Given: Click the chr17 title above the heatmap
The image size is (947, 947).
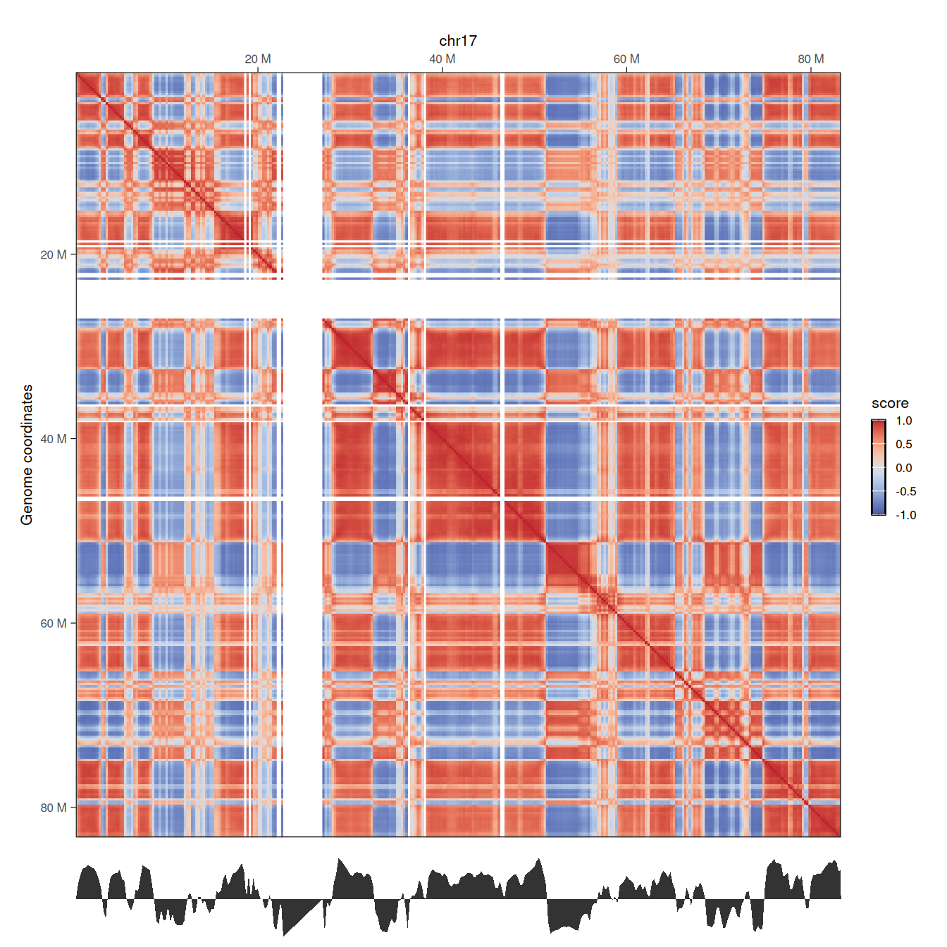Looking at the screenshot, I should (x=458, y=41).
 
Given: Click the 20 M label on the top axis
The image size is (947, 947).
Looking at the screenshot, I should (x=258, y=59).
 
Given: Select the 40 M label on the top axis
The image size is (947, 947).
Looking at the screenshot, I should (x=442, y=59).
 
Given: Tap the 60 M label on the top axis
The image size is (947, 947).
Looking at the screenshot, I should (x=626, y=59).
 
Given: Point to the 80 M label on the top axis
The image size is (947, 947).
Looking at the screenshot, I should (x=811, y=59).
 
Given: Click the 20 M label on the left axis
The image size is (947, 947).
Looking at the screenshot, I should (x=54, y=255).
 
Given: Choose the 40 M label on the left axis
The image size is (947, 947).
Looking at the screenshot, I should (x=54, y=439).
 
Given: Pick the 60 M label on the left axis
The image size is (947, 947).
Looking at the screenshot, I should (x=54, y=624).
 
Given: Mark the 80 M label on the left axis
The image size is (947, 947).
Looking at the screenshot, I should (x=54, y=807).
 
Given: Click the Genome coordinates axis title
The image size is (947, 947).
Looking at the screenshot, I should (x=27, y=454).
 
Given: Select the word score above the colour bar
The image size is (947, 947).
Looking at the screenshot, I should (x=890, y=404).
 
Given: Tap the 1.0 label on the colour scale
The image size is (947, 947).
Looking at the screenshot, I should (x=904, y=421).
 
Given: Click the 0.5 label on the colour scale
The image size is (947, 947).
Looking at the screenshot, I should (x=904, y=445).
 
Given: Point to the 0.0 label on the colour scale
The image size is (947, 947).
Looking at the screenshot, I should (x=904, y=468).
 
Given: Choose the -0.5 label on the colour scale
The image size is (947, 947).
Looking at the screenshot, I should (x=905, y=492).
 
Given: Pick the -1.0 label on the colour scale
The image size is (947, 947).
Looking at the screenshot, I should (x=905, y=515).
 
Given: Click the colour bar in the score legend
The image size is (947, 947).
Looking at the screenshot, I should (x=879, y=468).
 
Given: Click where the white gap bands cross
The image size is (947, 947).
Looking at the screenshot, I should (x=303, y=299).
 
